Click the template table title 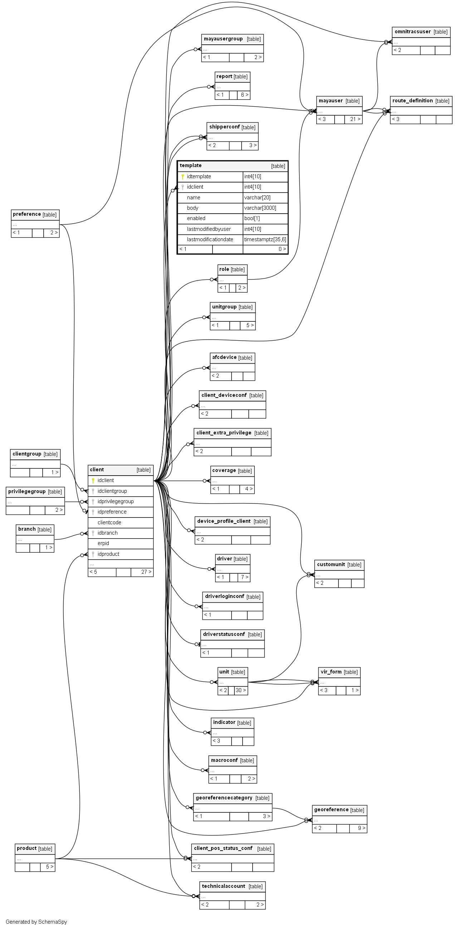point(191,166)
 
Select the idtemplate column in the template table point(199,176)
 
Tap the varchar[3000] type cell point(260,208)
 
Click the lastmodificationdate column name point(210,239)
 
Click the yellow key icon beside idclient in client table point(93,480)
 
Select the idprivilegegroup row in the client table point(116,501)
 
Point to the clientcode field point(109,522)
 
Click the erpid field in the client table point(103,543)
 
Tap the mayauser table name point(331,101)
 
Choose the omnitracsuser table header point(413,32)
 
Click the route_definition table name point(413,101)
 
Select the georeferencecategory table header point(224,798)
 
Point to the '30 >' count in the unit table point(240,690)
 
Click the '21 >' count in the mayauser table point(355,119)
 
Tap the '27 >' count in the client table point(146,571)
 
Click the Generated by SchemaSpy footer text point(36,921)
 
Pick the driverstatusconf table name point(224,634)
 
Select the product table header point(27,848)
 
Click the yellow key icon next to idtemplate point(183,176)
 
